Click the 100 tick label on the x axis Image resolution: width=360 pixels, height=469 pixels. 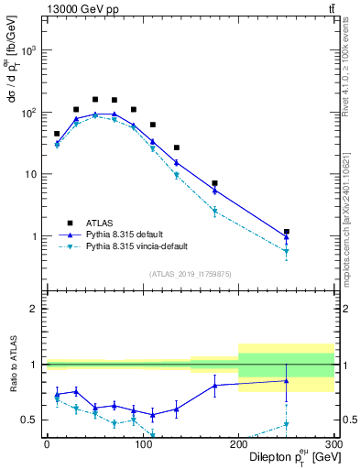[142, 442]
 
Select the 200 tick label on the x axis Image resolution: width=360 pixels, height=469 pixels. [238, 442]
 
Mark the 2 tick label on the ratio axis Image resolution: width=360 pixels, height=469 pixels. [36, 310]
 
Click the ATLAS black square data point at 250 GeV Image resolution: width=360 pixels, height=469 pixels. [287, 232]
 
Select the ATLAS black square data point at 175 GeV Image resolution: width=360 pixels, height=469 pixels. [214, 183]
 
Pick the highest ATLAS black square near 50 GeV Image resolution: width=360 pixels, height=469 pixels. [95, 99]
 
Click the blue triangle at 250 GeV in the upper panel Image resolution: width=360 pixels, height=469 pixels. [287, 237]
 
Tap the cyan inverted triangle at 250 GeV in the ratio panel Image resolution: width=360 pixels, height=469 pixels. [287, 425]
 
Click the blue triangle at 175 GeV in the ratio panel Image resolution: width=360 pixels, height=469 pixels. [214, 385]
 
